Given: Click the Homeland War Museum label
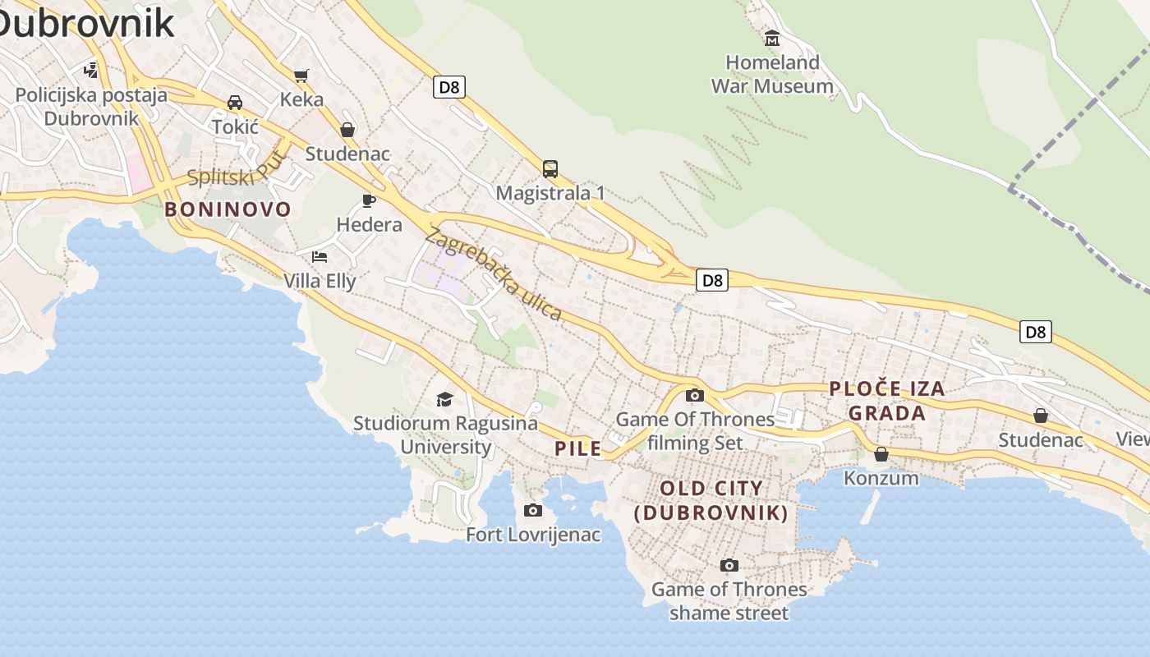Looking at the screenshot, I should pos(771,74).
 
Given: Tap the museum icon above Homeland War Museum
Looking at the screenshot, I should pos(771,38).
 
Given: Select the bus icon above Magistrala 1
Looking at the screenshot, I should pos(550,169).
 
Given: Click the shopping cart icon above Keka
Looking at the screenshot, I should pos(301,76).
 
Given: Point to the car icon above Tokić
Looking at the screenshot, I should pos(235,103).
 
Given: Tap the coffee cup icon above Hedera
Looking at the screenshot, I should pos(369,200).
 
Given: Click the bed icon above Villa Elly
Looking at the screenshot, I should pos(320,257).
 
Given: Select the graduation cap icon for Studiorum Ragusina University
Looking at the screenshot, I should pos(444,399).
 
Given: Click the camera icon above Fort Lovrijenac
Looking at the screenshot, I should pos(533,511).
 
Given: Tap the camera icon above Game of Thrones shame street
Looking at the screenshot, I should pos(729,565).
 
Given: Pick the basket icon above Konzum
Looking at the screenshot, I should pos(881,453).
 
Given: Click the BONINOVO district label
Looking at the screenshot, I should pos(228,209).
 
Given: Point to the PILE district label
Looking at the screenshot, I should pos(578,448).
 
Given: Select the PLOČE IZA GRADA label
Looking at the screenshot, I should pos(887,401).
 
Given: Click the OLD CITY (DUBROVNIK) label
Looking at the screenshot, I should pos(711,501).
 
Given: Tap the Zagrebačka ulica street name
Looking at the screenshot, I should pos(494,274).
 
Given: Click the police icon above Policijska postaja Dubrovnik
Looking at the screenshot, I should pos(91,70).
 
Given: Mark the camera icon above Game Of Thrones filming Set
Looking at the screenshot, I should pos(695,395).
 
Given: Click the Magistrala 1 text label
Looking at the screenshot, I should pos(550,194).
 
